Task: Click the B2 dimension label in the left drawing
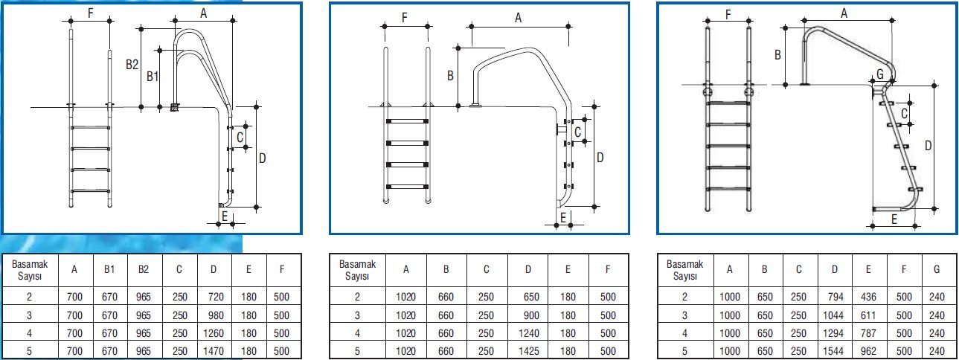click(x=132, y=65)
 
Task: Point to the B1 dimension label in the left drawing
click(x=153, y=77)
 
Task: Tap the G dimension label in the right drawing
click(x=880, y=74)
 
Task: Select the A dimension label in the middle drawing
click(x=518, y=18)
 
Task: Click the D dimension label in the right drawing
click(x=928, y=146)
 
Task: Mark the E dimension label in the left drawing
click(x=225, y=216)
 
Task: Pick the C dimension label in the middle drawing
click(x=577, y=132)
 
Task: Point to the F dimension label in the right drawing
click(x=728, y=15)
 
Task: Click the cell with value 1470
click(x=214, y=351)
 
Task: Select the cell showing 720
click(x=216, y=297)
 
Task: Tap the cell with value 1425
click(x=529, y=351)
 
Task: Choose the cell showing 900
click(x=531, y=315)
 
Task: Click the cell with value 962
click(x=868, y=351)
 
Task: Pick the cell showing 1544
click(x=833, y=351)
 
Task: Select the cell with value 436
click(x=868, y=297)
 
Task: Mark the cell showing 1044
click(x=833, y=315)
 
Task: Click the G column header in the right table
click(x=937, y=270)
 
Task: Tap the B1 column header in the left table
click(x=109, y=270)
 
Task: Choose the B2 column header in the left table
click(x=144, y=270)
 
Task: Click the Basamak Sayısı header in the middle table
click(x=357, y=270)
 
